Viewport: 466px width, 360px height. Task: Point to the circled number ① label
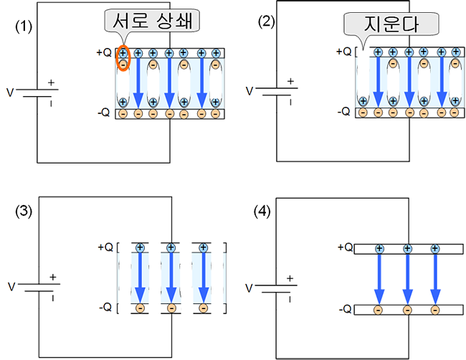point(26,26)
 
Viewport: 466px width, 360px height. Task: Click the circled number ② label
point(266,26)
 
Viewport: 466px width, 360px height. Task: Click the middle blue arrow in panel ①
point(168,82)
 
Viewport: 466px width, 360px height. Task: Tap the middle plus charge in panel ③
point(171,248)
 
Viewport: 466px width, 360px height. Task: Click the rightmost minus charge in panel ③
point(203,308)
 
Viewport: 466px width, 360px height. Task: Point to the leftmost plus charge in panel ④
point(381,248)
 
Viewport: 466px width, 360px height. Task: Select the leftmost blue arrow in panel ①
point(138,82)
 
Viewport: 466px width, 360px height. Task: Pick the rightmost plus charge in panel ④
point(434,248)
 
